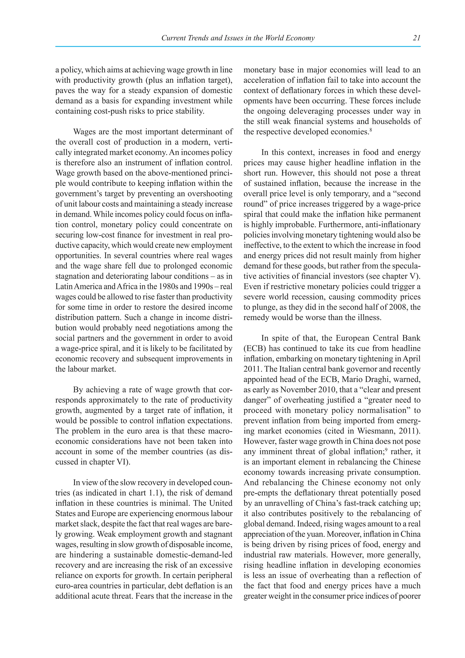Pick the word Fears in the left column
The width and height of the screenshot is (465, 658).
click(144, 596)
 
